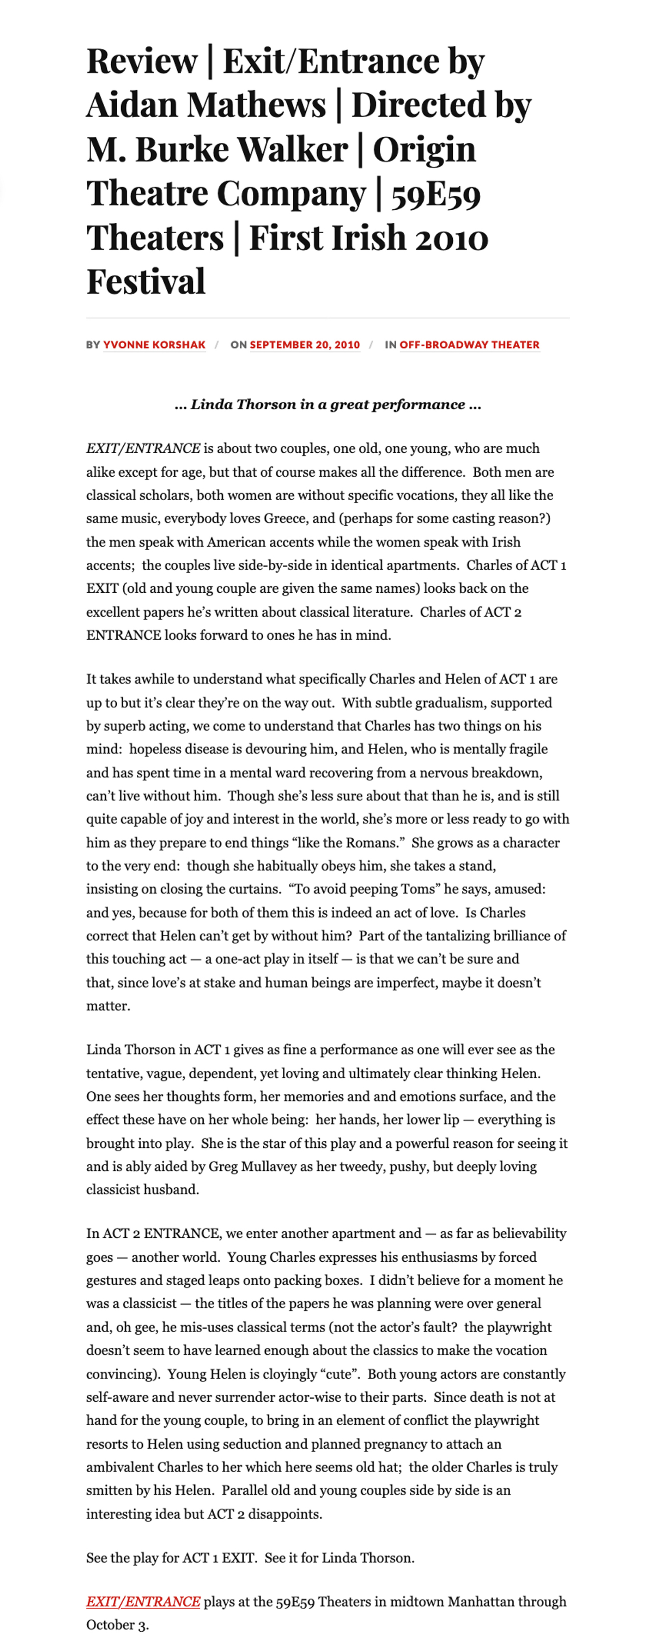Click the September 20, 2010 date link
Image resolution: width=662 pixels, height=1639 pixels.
[305, 345]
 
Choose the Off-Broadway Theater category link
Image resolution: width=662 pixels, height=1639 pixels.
[469, 345]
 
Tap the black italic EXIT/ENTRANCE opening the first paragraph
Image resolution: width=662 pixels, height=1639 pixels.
[143, 449]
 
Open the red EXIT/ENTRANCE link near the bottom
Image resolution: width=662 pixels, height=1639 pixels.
[143, 1601]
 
